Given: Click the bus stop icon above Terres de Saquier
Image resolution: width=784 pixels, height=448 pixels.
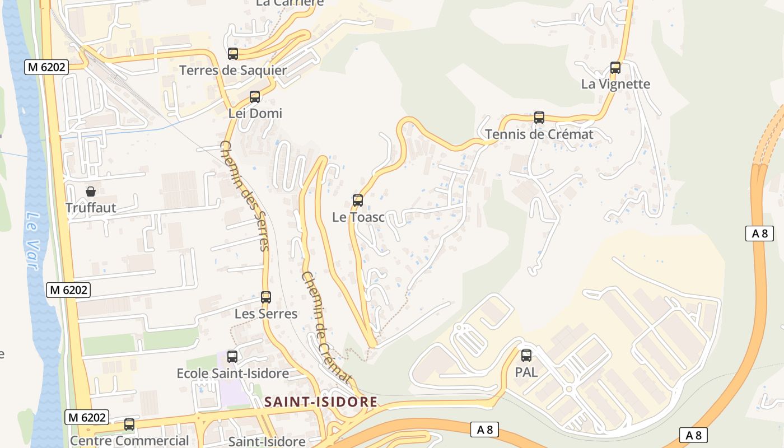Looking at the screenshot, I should click(233, 54).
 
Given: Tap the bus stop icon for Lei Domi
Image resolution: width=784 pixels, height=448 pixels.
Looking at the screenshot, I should click(255, 97).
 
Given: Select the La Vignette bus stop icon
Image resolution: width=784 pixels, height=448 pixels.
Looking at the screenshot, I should click(615, 68).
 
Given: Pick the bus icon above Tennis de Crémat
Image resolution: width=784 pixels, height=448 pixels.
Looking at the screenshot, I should click(539, 118).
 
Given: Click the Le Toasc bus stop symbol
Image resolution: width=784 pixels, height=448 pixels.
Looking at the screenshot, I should click(357, 200).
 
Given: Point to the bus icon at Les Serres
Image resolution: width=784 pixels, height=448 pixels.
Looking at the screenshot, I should click(266, 297).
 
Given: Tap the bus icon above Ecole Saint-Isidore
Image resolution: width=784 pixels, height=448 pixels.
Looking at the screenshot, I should click(232, 356).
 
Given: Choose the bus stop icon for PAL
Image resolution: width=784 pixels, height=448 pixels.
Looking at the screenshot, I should click(526, 355).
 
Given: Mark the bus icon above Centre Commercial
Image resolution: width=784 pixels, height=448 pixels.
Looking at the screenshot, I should click(129, 424).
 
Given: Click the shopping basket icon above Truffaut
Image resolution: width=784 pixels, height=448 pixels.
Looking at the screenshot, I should click(91, 192).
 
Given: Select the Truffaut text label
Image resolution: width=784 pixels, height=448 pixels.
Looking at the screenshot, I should click(91, 208).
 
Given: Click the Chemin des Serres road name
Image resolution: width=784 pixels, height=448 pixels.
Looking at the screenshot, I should click(245, 195).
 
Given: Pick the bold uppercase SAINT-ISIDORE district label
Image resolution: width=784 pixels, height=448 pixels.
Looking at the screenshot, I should click(321, 402).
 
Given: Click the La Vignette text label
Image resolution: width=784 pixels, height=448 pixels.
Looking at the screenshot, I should click(615, 84).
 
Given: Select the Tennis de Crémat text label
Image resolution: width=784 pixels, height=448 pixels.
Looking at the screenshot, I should click(539, 134).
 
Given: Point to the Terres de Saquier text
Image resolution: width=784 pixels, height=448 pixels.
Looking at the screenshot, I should click(233, 71).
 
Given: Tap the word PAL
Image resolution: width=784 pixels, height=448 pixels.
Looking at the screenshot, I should click(526, 372).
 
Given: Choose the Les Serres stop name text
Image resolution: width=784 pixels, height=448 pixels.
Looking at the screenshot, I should click(266, 314).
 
